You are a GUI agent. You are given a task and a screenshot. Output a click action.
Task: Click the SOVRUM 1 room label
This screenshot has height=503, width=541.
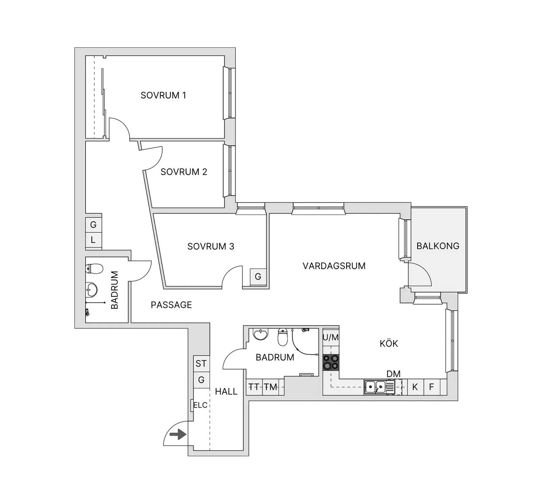(163, 95)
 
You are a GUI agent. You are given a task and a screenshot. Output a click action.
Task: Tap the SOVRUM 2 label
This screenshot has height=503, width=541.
(183, 172)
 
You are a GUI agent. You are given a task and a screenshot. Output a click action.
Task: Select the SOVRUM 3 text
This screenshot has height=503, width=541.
(210, 247)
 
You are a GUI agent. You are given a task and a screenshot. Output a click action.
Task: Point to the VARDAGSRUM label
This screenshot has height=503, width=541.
(334, 266)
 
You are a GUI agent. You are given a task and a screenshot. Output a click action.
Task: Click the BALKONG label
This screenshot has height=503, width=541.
(438, 246)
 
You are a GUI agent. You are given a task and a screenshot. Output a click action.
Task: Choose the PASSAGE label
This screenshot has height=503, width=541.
(171, 305)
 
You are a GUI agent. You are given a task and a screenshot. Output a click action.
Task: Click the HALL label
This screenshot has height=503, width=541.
(226, 392)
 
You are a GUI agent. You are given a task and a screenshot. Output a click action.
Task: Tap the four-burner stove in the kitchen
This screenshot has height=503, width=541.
(331, 362)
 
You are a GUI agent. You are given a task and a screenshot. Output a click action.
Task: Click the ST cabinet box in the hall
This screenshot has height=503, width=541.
(201, 364)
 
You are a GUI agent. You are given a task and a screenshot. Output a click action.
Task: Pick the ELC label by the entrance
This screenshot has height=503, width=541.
(200, 405)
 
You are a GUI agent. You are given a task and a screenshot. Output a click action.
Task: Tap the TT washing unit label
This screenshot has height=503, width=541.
(254, 387)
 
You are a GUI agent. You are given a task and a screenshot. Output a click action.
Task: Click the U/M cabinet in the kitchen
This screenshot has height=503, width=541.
(331, 337)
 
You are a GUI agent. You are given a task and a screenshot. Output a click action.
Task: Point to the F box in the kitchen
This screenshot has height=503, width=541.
(432, 387)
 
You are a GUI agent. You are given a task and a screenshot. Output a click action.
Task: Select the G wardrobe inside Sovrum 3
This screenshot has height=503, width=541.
(258, 277)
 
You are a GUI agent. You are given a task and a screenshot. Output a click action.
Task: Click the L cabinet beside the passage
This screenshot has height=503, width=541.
(93, 240)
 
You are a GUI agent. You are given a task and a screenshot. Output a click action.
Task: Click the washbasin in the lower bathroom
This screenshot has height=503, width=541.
(261, 334)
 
